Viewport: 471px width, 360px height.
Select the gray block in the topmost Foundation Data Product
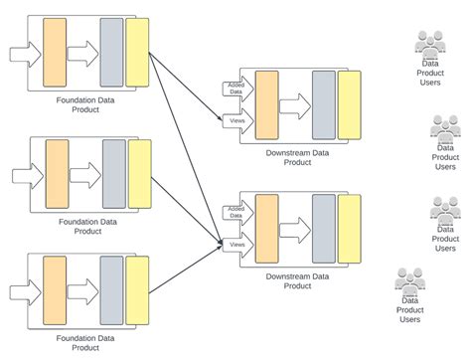click(111, 52)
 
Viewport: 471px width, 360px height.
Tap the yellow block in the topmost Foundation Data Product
click(137, 52)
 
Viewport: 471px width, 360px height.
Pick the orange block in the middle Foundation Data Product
click(57, 174)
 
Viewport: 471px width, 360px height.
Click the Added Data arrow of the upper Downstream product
click(236, 89)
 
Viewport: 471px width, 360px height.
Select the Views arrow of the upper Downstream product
click(236, 120)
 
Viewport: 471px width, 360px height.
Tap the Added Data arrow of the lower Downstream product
click(236, 211)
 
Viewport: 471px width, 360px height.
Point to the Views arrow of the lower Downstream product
click(236, 244)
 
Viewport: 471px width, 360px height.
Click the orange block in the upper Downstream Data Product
click(267, 105)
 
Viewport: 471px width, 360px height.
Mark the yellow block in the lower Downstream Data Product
click(349, 229)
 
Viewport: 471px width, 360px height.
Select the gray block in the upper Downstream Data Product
click(323, 105)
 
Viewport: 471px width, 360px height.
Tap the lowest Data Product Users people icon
click(409, 280)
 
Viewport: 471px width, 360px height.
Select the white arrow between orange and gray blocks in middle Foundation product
click(85, 174)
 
